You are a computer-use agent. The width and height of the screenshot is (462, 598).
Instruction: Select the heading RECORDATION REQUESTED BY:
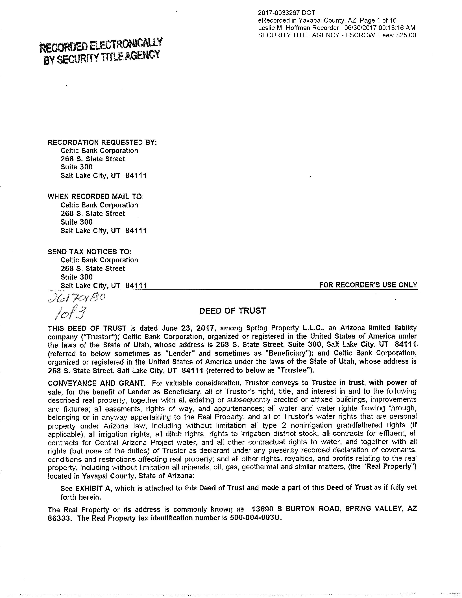pyautogui.click(x=102, y=142)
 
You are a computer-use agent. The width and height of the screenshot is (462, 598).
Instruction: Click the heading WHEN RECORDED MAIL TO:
pyautogui.click(x=96, y=197)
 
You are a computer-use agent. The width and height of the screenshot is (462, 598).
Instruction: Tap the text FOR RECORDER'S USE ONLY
pyautogui.click(x=368, y=285)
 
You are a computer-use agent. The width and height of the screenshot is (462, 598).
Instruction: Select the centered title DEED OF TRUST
pyautogui.click(x=232, y=311)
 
